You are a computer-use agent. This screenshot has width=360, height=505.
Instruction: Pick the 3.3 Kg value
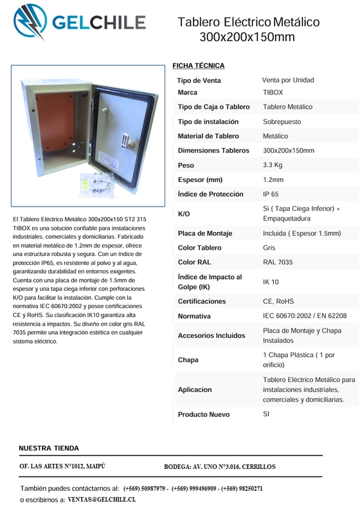tap(273, 165)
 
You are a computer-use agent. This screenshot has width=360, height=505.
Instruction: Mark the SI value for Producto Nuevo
tap(267, 414)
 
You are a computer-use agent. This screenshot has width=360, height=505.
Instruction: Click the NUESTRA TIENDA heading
tap(50, 448)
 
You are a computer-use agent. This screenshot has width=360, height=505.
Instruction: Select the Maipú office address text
tap(62, 465)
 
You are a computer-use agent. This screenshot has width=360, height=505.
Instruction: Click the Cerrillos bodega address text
tap(219, 466)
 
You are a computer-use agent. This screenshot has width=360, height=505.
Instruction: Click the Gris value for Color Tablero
tap(270, 247)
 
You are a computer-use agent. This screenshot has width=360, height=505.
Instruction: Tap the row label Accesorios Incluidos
tap(212, 336)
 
